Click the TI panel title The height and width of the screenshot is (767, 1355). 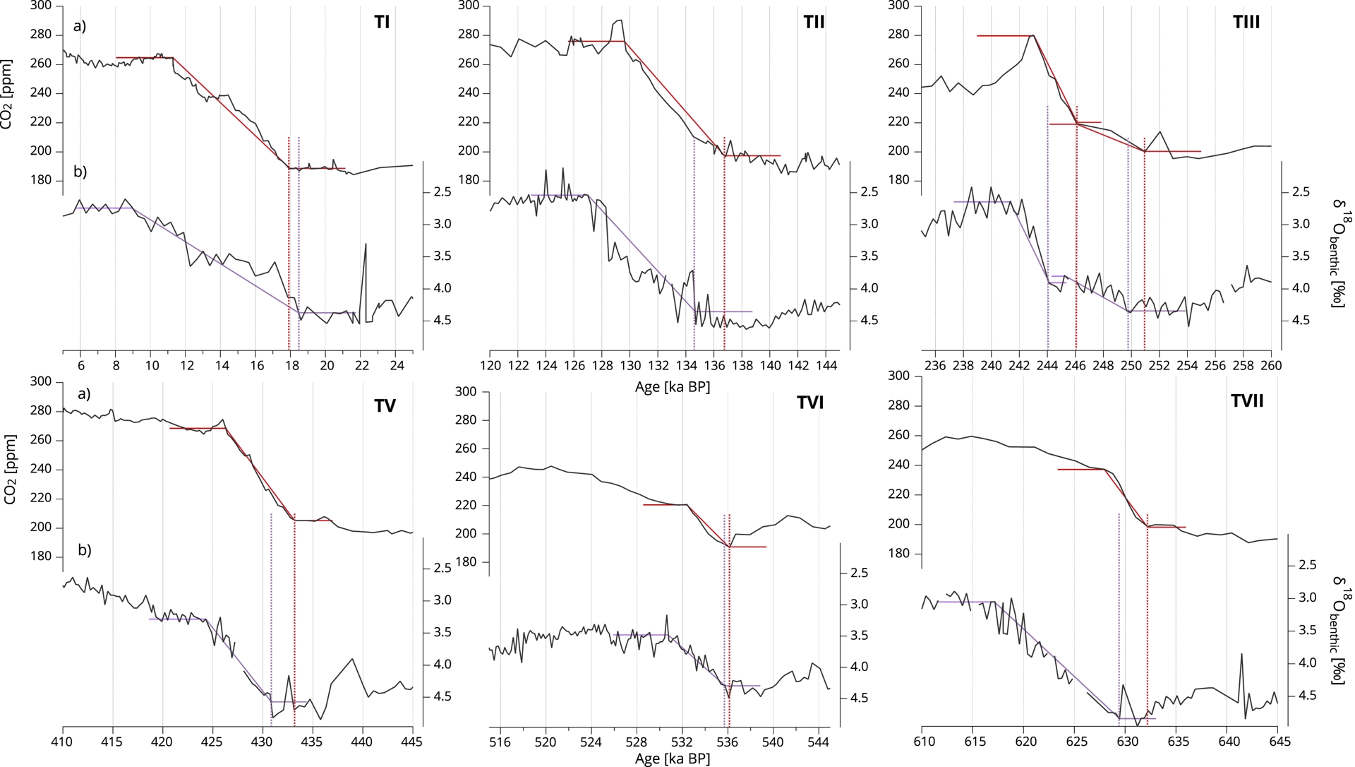coord(382,22)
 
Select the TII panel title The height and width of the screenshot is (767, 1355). coord(814,22)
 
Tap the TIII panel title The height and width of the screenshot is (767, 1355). coord(1246,22)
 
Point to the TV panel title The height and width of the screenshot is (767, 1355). coord(385,405)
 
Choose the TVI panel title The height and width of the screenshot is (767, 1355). coord(810,403)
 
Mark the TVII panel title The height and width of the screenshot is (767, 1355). coord(1247,401)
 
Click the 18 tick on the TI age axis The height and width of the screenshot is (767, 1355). coord(291,365)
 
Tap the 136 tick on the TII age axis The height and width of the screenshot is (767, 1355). coord(714,365)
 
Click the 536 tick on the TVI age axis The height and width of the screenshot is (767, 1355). coord(728,742)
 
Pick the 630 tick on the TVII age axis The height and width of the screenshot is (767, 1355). coord(1128,742)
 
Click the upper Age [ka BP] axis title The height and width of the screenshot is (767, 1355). coord(673,387)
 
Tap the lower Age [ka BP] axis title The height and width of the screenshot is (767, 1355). coord(673,759)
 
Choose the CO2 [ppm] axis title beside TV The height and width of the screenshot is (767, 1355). coord(8,469)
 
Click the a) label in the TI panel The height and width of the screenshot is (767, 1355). coord(79,26)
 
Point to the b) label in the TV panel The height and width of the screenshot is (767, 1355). coord(84,549)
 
